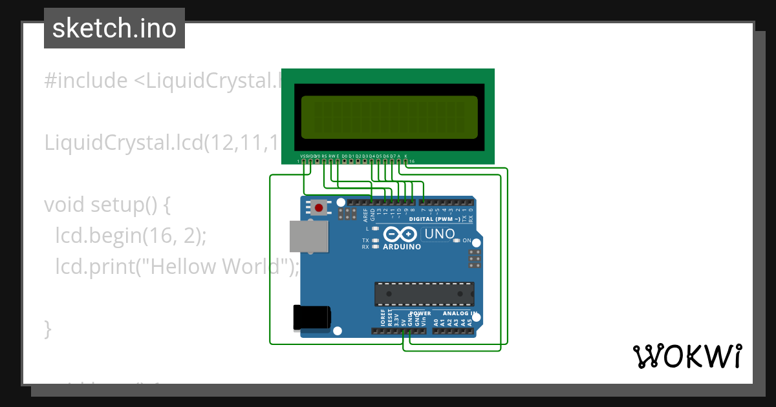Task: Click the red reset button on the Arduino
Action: click(319, 207)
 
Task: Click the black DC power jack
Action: click(311, 317)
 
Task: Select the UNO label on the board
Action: click(440, 234)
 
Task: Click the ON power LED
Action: click(457, 240)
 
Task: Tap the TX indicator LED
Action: click(376, 240)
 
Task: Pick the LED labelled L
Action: click(376, 229)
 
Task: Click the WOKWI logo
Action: click(687, 356)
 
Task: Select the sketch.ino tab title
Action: click(114, 28)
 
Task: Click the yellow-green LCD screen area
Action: click(388, 117)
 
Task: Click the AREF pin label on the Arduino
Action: click(365, 215)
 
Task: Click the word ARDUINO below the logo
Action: click(402, 247)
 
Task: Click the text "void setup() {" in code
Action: click(107, 205)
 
